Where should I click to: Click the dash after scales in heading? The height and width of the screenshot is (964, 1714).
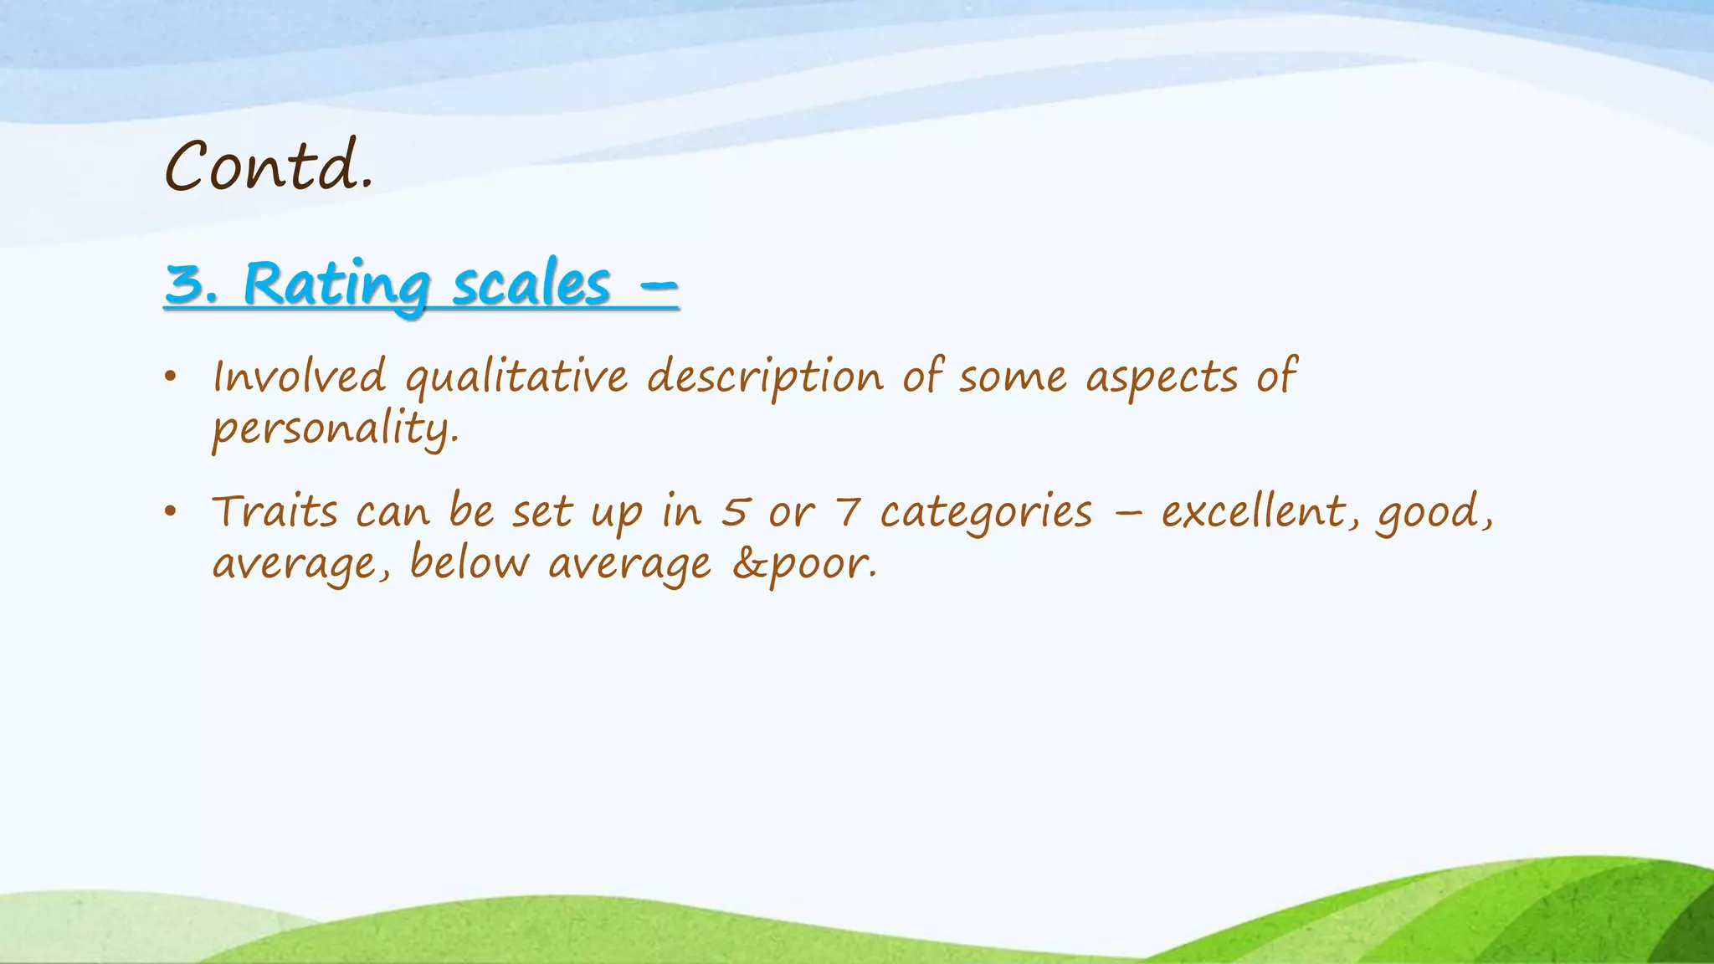click(658, 285)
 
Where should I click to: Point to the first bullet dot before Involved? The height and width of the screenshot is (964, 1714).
click(171, 377)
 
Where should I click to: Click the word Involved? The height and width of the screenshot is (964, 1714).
click(300, 376)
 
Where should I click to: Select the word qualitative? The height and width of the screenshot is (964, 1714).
click(516, 377)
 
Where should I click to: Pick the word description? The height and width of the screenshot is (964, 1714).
click(765, 377)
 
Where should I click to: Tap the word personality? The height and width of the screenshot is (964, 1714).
click(335, 428)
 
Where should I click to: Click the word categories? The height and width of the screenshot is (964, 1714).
click(986, 512)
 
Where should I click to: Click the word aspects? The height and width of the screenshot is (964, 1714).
click(1161, 377)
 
